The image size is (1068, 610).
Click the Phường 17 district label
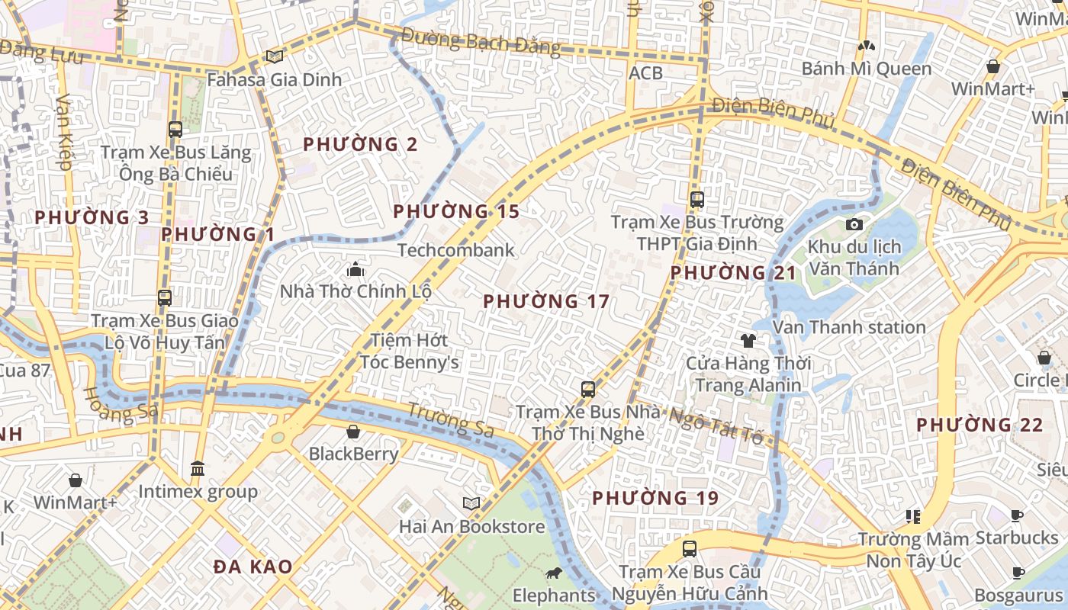(x=546, y=301)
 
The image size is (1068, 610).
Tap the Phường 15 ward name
(x=456, y=211)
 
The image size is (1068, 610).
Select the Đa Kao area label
(x=253, y=567)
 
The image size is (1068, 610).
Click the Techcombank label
(x=456, y=250)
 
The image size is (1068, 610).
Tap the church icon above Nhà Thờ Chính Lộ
(x=355, y=269)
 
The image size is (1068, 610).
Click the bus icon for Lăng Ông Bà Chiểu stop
(x=175, y=130)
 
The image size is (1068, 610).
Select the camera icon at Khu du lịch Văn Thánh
(x=854, y=224)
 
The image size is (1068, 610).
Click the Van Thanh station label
(x=849, y=327)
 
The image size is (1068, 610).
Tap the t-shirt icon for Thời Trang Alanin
(x=748, y=340)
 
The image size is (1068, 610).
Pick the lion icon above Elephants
(x=553, y=573)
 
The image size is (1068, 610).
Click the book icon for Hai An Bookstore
(x=471, y=503)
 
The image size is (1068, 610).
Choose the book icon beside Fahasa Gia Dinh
(x=274, y=56)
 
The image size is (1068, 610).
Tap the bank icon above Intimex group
(x=198, y=468)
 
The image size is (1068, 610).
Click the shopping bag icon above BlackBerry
(x=353, y=432)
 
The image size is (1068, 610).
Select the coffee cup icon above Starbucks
(x=1016, y=516)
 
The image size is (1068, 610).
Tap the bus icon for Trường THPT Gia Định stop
(x=696, y=200)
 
